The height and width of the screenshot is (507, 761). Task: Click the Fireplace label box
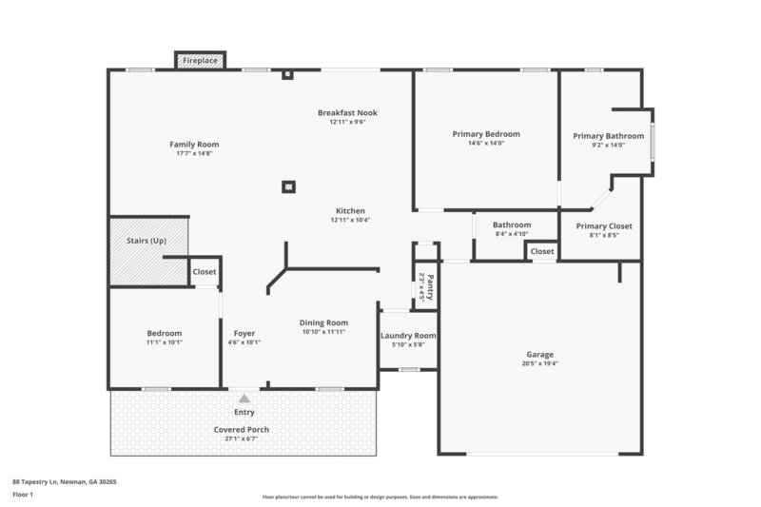tap(200, 61)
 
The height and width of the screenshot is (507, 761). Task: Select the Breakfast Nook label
tap(347, 113)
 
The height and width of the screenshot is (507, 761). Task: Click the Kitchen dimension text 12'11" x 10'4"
tap(349, 220)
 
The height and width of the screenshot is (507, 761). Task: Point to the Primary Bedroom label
tap(485, 135)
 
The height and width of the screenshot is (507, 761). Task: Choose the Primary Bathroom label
tap(608, 136)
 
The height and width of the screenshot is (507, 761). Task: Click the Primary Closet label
tap(604, 225)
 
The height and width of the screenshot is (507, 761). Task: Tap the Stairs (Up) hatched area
tap(146, 251)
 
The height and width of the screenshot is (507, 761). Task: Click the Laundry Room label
tap(407, 336)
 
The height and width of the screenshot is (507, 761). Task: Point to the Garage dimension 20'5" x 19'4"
tap(539, 363)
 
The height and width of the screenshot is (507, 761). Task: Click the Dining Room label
tap(323, 322)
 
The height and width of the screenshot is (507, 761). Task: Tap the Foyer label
tap(244, 333)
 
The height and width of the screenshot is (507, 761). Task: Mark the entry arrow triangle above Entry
tap(244, 400)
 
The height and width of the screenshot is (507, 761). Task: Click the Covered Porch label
tap(241, 430)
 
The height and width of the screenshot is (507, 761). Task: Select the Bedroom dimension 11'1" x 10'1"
tap(164, 342)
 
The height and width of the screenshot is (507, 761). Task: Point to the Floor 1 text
tap(23, 495)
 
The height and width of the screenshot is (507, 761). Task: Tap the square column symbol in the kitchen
tap(287, 186)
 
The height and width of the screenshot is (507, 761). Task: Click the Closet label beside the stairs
tap(205, 272)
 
